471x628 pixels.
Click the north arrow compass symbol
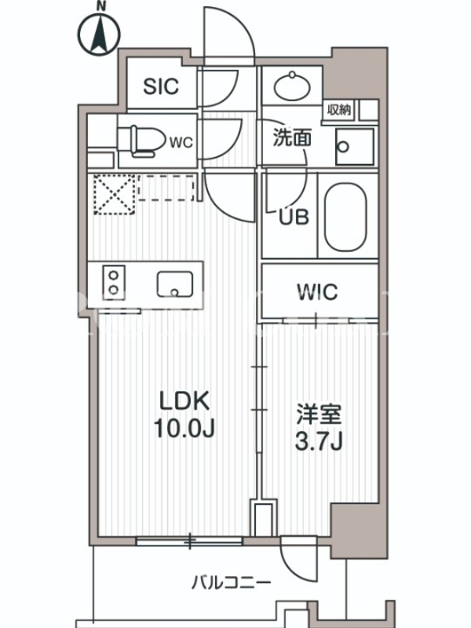[100, 34]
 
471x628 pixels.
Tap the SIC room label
[161, 86]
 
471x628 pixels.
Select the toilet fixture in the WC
[142, 141]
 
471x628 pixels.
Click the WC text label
[181, 142]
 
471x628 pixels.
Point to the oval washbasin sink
[292, 85]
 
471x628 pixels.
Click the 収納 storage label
[339, 109]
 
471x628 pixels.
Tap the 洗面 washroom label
[292, 138]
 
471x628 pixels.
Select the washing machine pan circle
[343, 147]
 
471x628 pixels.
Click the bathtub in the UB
[345, 217]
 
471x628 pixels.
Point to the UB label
[294, 217]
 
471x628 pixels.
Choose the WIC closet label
[318, 292]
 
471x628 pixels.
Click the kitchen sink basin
[174, 284]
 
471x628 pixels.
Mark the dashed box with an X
[114, 194]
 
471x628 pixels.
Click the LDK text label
[184, 400]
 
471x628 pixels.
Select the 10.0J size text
[184, 428]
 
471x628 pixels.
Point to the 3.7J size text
[319, 441]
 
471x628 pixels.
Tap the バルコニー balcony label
[231, 582]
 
